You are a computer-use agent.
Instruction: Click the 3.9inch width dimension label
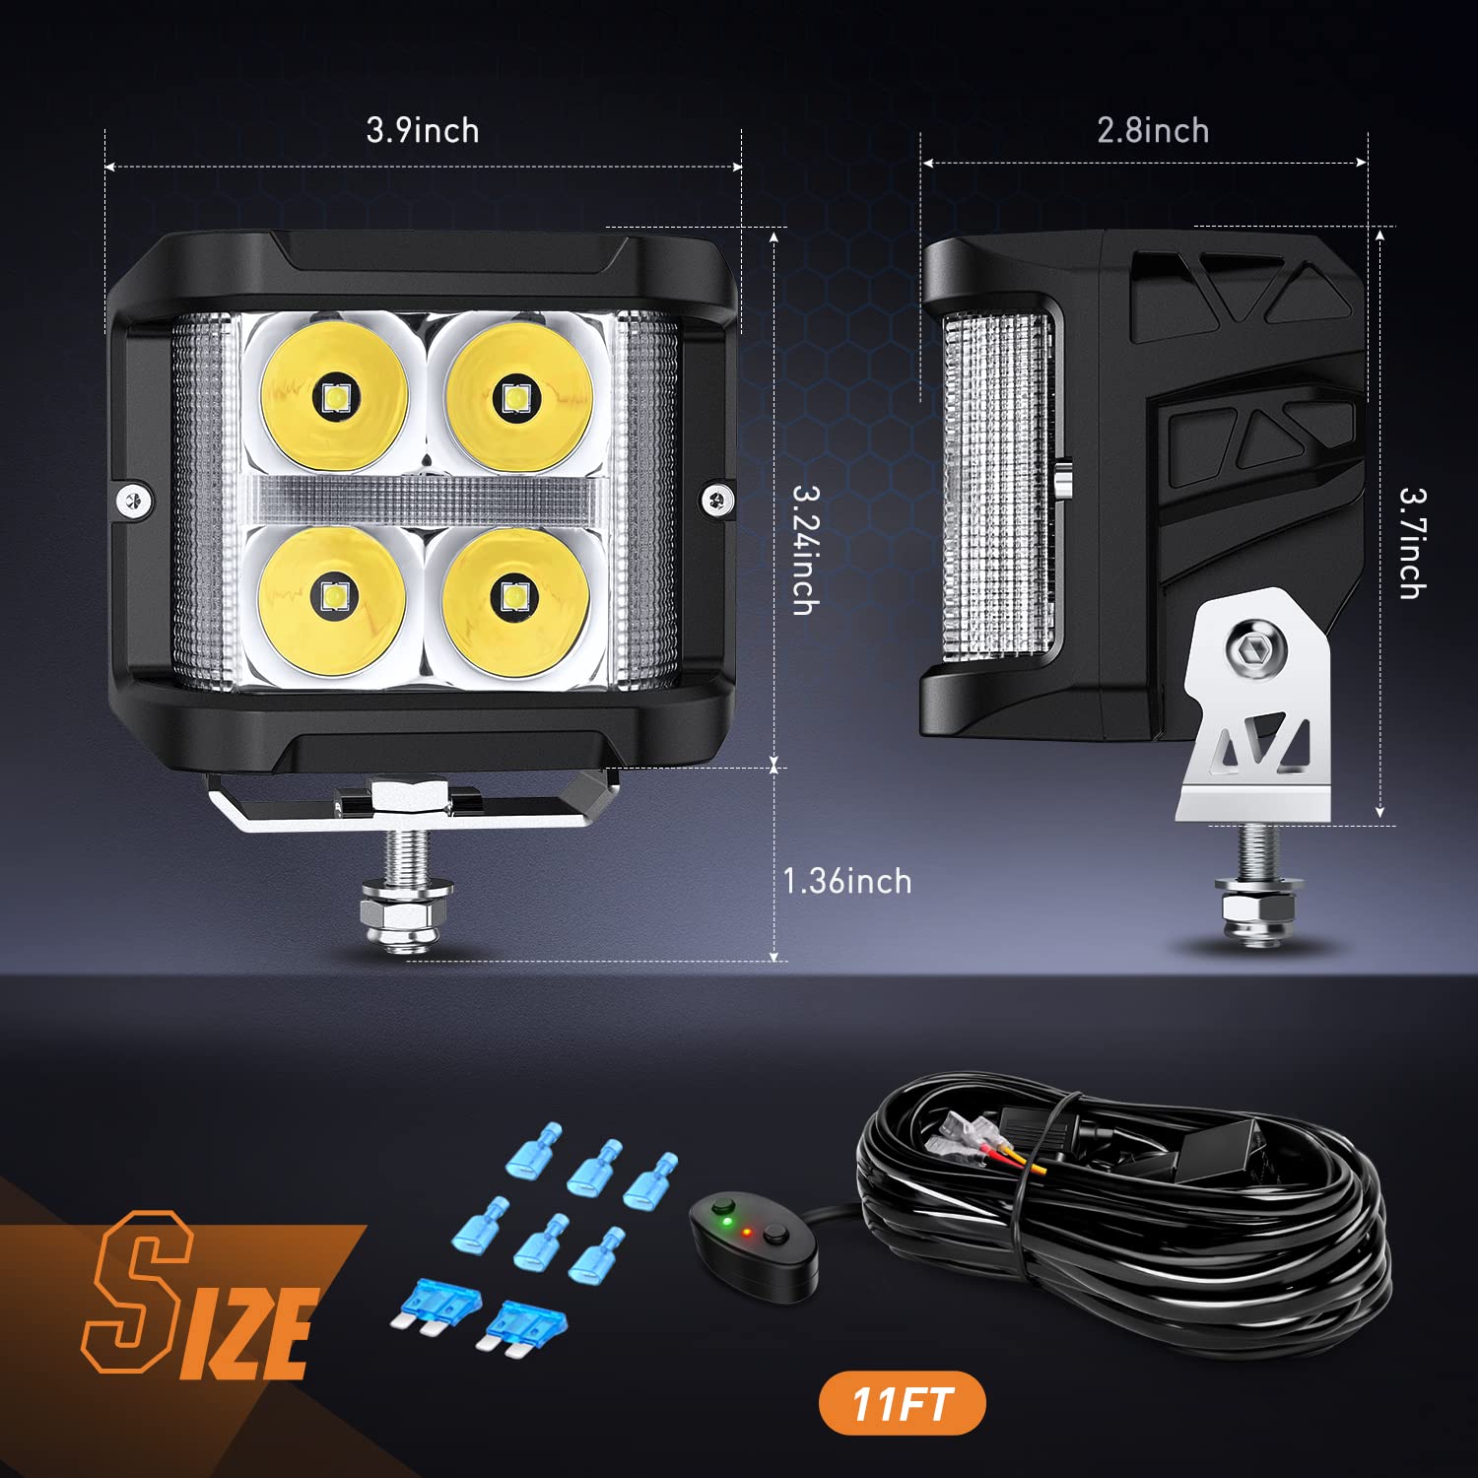coord(423,130)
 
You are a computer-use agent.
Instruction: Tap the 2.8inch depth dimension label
coord(1153,130)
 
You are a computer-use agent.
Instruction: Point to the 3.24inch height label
coord(806,550)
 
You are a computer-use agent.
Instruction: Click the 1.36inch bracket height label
coord(847,881)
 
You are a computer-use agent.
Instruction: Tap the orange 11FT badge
coord(902,1403)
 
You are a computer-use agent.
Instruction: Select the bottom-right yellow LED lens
coord(514,598)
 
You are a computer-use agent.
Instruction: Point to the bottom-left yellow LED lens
coord(332,598)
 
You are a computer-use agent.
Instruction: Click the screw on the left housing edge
coord(133,502)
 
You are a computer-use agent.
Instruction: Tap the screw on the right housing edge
coord(716,500)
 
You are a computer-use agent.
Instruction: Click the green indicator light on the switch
coord(726,1223)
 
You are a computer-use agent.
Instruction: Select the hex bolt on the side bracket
coord(1255,650)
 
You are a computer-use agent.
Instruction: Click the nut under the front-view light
coord(407,916)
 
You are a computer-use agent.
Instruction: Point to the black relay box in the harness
coord(1222,1150)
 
